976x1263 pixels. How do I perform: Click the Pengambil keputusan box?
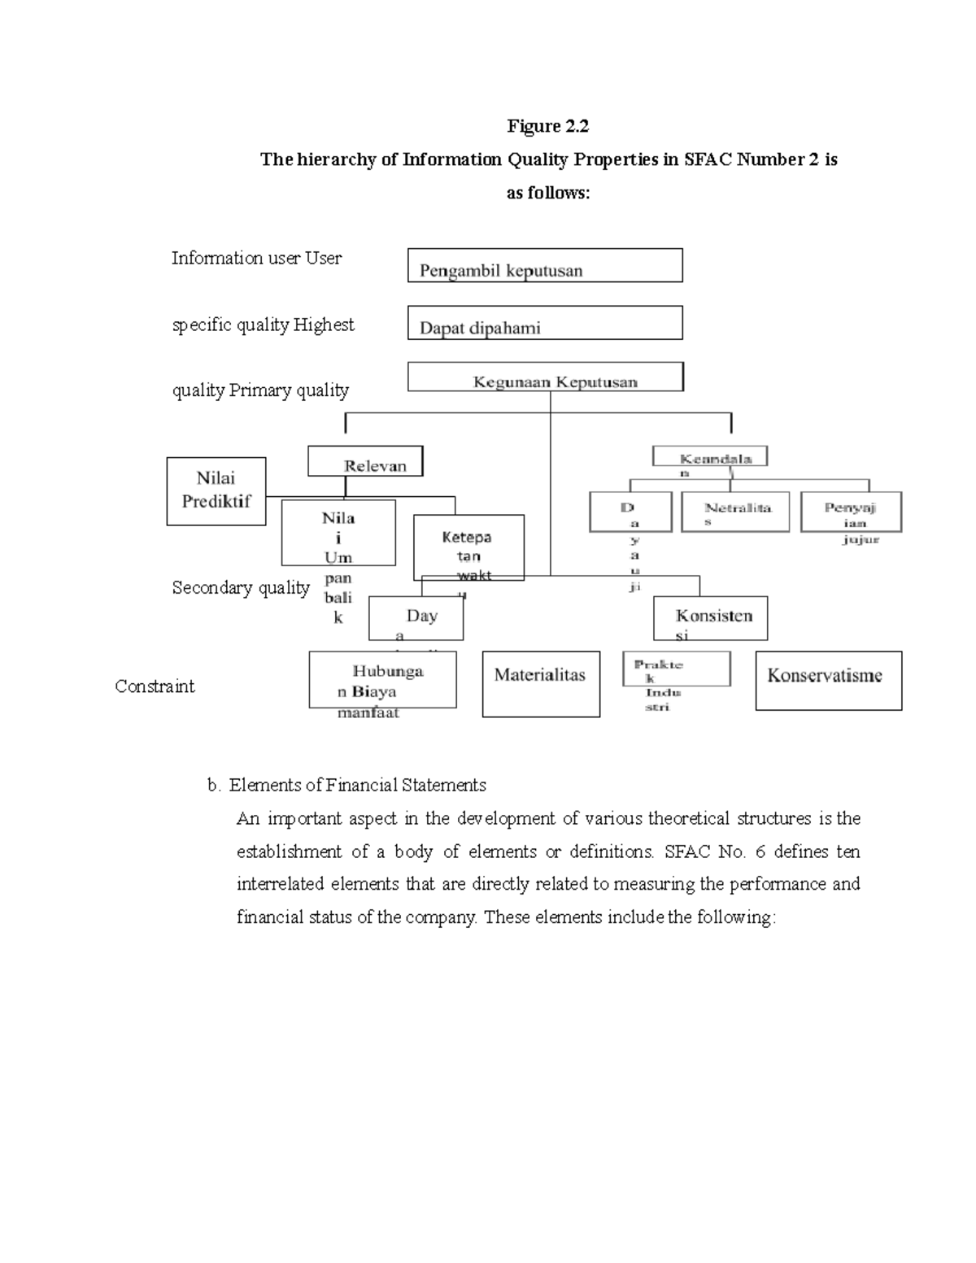tap(544, 266)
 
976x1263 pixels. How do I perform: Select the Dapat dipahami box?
tap(544, 324)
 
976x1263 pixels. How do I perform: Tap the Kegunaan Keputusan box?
tap(545, 377)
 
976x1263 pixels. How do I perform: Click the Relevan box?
tap(365, 462)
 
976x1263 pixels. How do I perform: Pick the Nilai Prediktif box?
tap(216, 491)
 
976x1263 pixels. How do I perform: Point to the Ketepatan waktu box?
tap(468, 547)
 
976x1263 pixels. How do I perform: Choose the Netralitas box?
tap(734, 512)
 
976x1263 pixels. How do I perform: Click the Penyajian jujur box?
tap(851, 512)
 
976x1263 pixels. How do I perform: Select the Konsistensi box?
tap(710, 619)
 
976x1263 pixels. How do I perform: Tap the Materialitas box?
tap(541, 684)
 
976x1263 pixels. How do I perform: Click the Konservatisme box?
tap(828, 681)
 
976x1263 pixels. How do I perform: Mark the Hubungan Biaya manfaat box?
tap(382, 680)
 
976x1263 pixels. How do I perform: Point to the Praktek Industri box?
tap(676, 669)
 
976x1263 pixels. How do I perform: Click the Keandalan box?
tap(709, 457)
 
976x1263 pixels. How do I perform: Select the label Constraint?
tap(155, 686)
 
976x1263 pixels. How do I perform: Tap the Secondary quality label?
tap(241, 588)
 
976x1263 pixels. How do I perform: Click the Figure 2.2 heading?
tap(547, 126)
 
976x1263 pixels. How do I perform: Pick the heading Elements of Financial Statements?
tap(357, 785)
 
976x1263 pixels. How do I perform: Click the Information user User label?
tap(256, 259)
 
